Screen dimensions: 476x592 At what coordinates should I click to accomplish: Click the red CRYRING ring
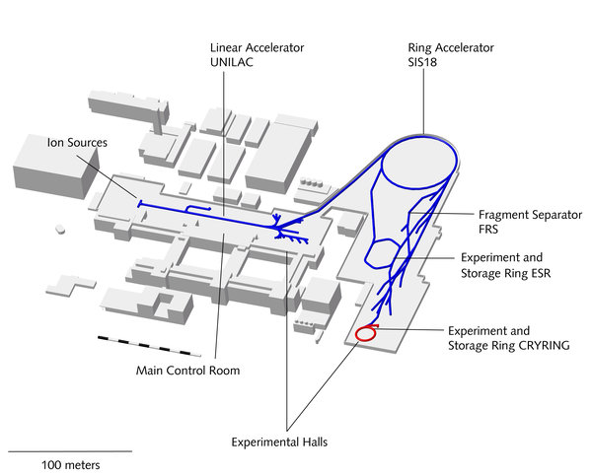click(364, 333)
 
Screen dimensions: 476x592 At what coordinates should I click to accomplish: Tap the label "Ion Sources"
click(77, 143)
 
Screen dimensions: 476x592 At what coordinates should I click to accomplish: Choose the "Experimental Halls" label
click(278, 442)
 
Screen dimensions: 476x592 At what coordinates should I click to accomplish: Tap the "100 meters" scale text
click(70, 463)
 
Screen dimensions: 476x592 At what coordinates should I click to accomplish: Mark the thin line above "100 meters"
click(69, 451)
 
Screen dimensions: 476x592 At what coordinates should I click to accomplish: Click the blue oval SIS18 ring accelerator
click(419, 164)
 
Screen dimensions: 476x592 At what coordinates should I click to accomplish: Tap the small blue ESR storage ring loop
click(379, 257)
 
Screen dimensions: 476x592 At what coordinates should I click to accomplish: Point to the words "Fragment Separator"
click(530, 215)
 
